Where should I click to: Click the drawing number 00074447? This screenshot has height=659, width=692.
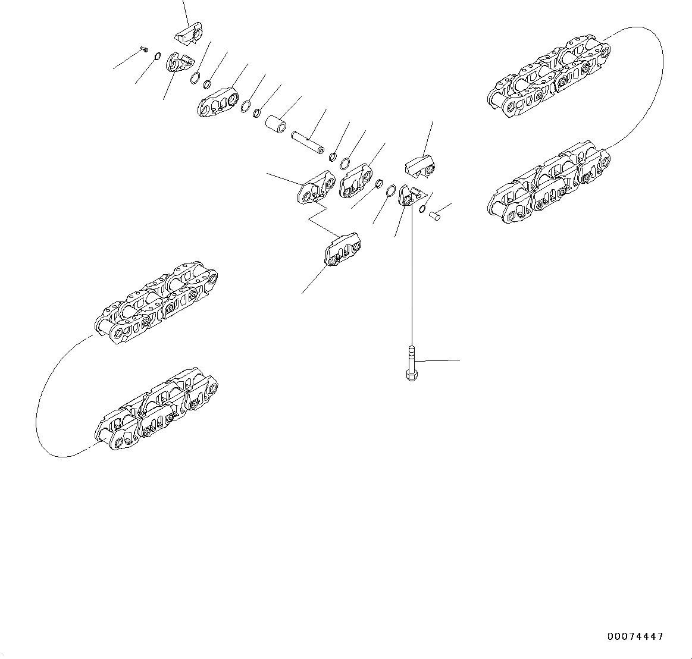coord(635,636)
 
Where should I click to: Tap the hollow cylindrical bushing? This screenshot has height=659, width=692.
coord(275,125)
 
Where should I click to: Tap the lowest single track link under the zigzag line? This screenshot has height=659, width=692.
coord(342,250)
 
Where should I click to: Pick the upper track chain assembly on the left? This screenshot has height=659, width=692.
coord(156,305)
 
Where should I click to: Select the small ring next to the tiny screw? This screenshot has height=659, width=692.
coord(157,57)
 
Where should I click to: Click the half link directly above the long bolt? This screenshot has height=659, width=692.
coord(409,196)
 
